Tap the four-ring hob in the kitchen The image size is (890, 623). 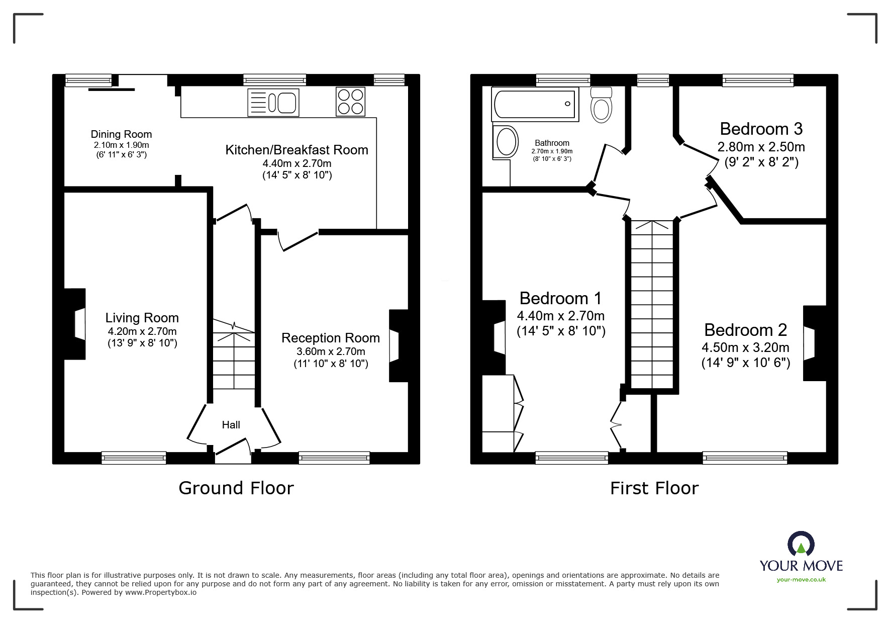[x=350, y=102]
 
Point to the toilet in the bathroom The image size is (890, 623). [x=602, y=105]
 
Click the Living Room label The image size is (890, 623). [x=142, y=318]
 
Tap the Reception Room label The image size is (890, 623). [x=331, y=338]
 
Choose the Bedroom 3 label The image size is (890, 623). [x=761, y=129]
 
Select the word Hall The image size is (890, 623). [x=231, y=425]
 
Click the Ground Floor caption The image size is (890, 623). [x=236, y=488]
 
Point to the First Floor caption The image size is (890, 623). [x=654, y=488]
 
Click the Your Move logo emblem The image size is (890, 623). [x=801, y=545]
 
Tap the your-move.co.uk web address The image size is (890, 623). [x=801, y=580]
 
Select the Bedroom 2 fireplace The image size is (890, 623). [x=814, y=343]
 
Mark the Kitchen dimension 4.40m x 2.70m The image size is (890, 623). [x=296, y=163]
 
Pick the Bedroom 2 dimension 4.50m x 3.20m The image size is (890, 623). [x=745, y=347]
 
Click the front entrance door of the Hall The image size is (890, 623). [x=233, y=449]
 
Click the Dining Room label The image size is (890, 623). [x=121, y=134]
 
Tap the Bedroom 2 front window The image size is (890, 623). [x=745, y=458]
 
